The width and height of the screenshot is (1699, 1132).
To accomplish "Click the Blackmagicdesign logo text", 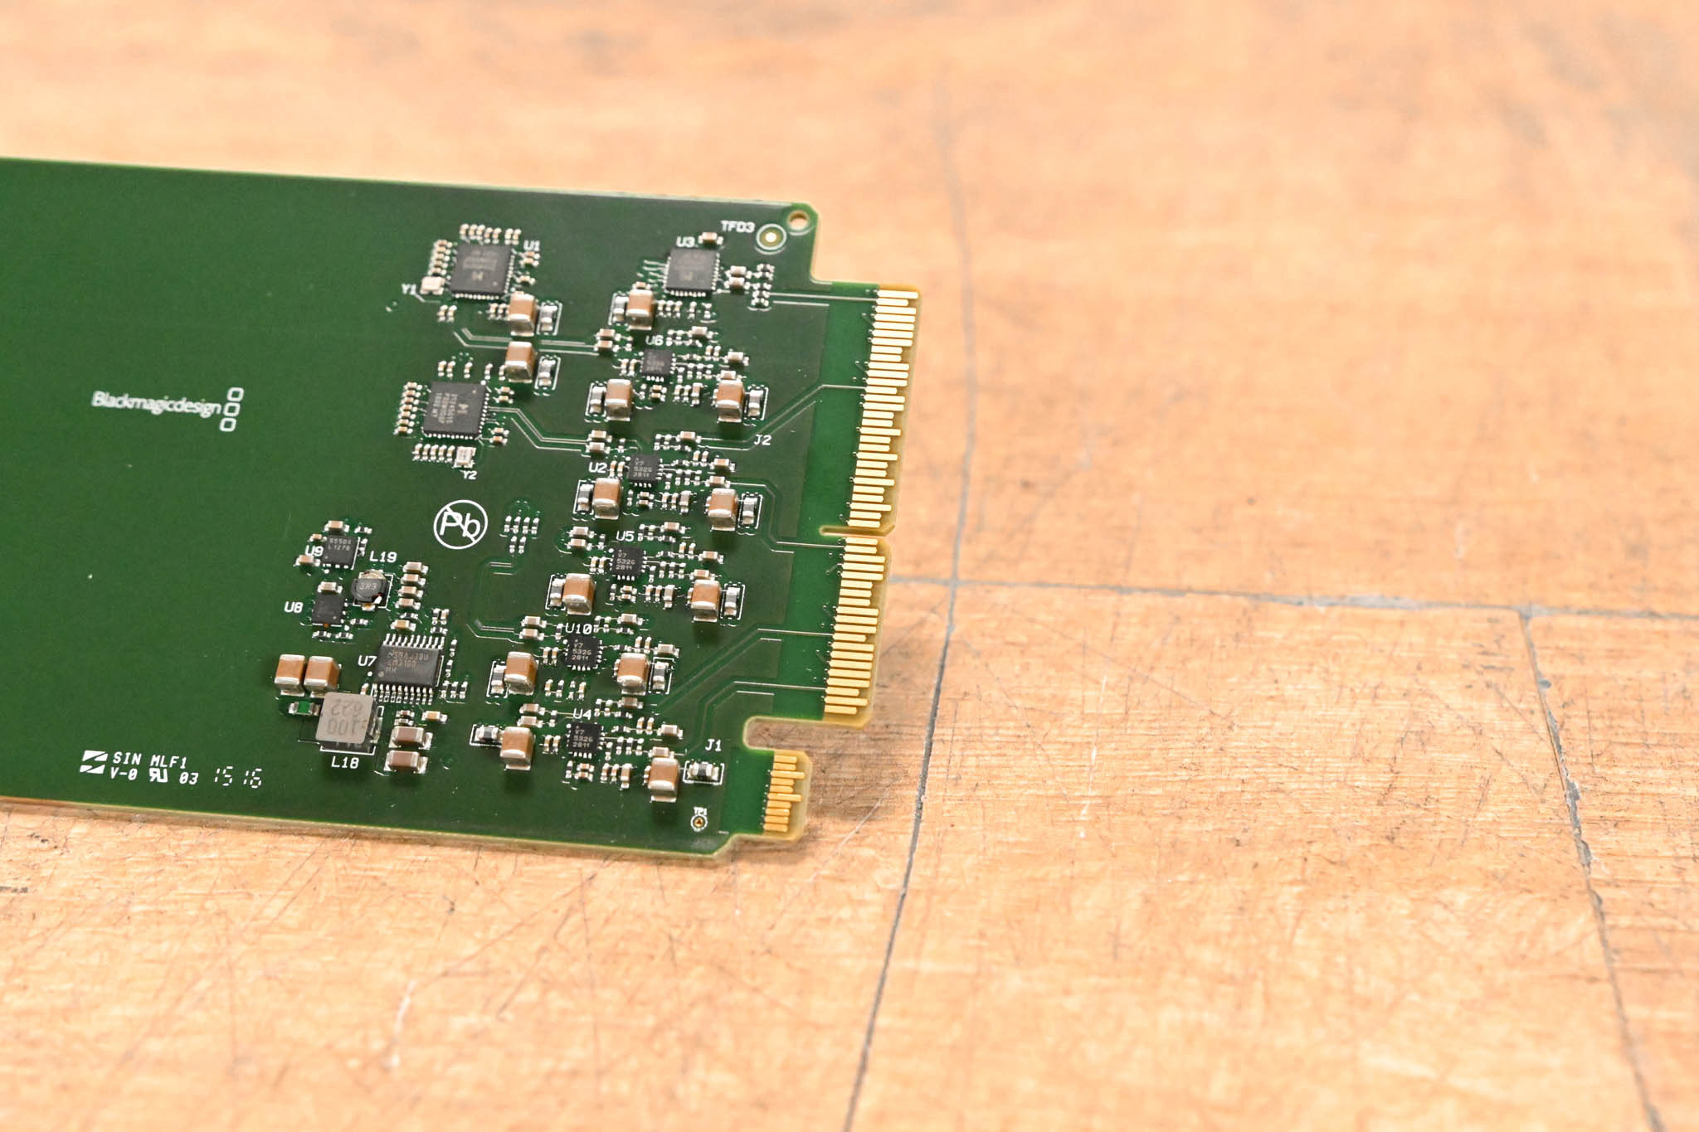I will click(x=156, y=403).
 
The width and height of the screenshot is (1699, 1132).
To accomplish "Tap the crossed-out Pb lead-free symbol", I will click(x=460, y=524).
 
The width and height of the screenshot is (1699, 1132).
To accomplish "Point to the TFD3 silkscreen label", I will click(x=737, y=226).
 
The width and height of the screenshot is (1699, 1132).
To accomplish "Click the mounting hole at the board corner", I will click(x=797, y=221).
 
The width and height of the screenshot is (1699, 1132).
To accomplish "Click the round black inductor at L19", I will click(x=368, y=588).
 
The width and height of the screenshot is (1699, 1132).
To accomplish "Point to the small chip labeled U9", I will click(x=338, y=549).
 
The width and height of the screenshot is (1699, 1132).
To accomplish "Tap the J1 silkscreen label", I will click(x=713, y=745).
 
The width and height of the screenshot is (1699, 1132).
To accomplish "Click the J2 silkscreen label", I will click(x=762, y=440).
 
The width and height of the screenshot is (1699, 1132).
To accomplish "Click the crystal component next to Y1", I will click(x=431, y=286).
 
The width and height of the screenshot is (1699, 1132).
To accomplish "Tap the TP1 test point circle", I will click(x=699, y=822).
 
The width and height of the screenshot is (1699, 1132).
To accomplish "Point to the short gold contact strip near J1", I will click(x=785, y=791).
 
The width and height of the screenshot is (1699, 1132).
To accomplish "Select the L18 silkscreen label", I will click(x=344, y=762).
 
